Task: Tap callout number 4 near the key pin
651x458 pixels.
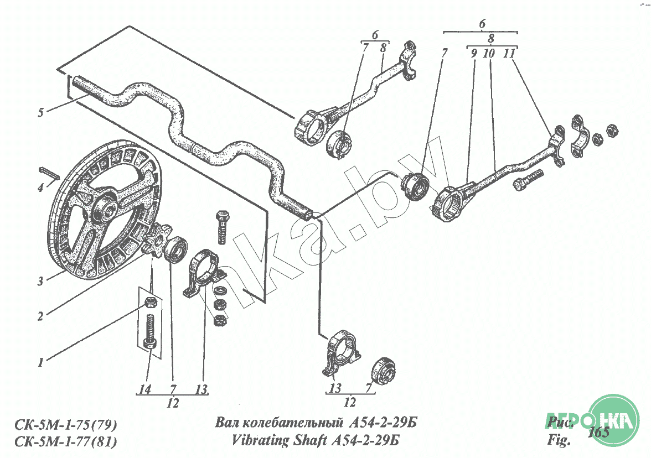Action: [x=40, y=188]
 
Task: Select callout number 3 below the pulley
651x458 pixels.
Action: [x=40, y=281]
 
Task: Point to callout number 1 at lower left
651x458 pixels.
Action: [x=40, y=363]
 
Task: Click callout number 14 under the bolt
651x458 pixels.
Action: [x=145, y=389]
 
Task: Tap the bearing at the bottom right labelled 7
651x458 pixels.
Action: [x=384, y=369]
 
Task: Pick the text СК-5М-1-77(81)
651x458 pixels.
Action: [x=64, y=442]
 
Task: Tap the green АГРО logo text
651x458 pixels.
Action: [x=564, y=420]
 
